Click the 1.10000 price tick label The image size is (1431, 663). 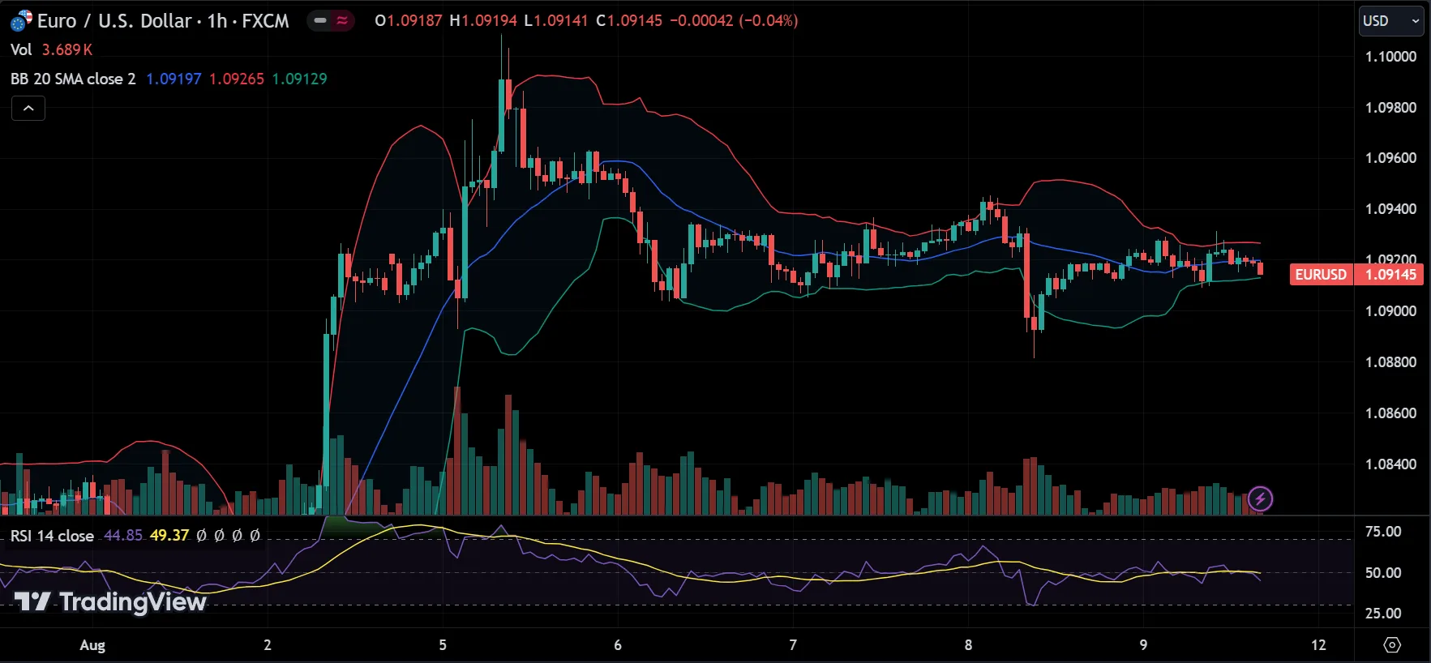pos(1390,57)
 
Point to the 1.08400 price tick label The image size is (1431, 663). pos(1390,464)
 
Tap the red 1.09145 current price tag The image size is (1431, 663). pos(1390,275)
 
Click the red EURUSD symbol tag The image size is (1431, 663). pos(1321,275)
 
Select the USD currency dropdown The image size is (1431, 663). pos(1390,21)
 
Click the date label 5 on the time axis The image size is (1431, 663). pos(443,645)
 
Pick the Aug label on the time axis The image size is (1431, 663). pos(92,645)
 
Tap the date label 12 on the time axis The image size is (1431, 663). pos(1318,645)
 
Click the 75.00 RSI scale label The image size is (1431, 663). pos(1382,532)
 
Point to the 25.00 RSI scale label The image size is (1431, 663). pos(1382,614)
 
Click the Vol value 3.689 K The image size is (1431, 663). pos(67,49)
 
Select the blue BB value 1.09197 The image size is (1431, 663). pos(174,79)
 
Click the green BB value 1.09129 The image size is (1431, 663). pos(299,79)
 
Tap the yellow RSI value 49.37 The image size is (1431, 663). pos(169,536)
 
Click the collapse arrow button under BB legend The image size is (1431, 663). pos(28,108)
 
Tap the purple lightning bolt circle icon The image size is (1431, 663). pos(1260,498)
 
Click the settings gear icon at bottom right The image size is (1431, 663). pos(1392,645)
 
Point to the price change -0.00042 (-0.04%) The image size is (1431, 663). pos(733,20)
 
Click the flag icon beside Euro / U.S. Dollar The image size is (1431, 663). pos(21,20)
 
